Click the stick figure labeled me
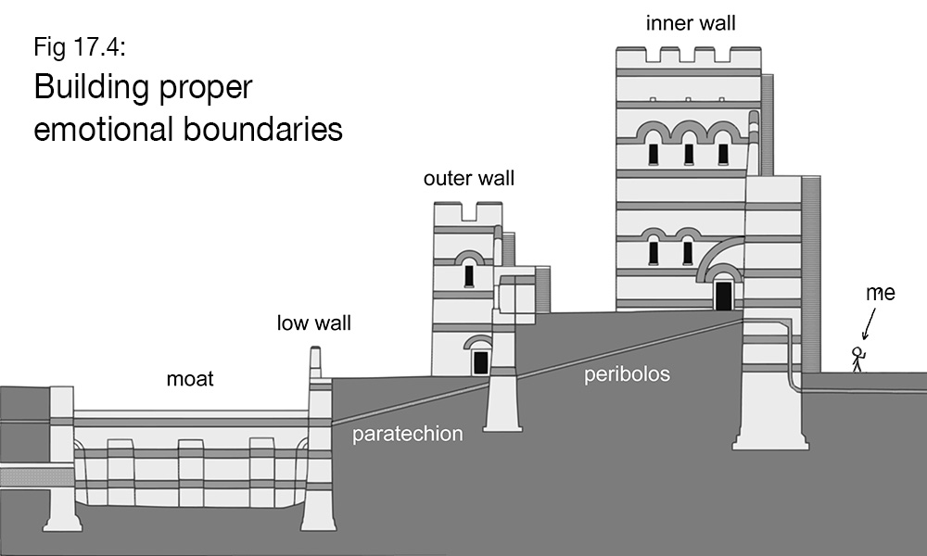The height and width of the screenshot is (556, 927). click(x=858, y=359)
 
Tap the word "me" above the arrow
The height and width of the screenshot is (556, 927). click(x=881, y=293)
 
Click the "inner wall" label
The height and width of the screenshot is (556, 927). click(x=691, y=23)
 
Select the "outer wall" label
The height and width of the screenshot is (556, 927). click(x=468, y=178)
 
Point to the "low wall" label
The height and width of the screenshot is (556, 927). click(x=314, y=323)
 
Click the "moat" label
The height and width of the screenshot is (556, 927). click(x=190, y=378)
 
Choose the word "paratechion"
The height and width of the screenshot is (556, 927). click(x=407, y=433)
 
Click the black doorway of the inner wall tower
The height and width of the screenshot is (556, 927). click(x=723, y=295)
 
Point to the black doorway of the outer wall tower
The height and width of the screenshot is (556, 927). click(x=480, y=362)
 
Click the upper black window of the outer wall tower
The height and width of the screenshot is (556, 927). click(x=469, y=275)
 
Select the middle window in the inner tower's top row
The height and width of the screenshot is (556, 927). click(x=689, y=153)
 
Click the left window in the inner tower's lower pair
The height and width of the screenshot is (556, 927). click(x=654, y=250)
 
